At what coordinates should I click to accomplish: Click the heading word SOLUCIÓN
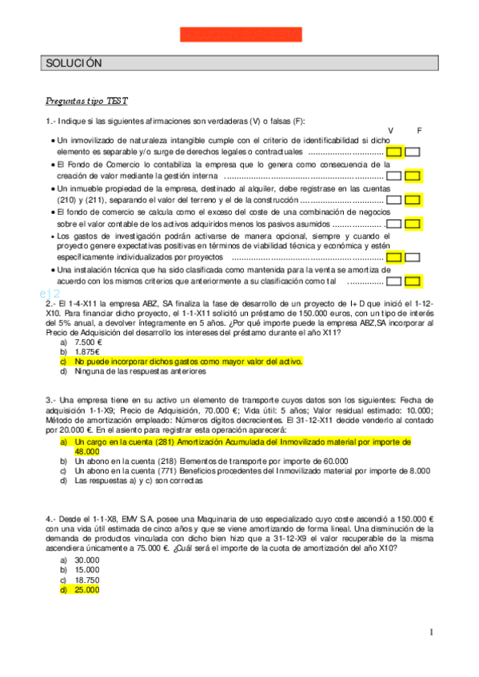(x=74, y=63)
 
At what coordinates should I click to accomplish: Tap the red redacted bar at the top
(x=241, y=34)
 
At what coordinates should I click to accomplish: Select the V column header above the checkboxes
(x=390, y=130)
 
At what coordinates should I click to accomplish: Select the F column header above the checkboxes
(x=419, y=130)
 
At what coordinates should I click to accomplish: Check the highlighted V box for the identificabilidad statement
(x=393, y=152)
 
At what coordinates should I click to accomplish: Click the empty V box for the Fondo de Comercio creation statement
(x=393, y=176)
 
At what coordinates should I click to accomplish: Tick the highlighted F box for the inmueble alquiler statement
(x=413, y=200)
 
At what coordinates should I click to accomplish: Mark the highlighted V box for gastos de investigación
(x=393, y=258)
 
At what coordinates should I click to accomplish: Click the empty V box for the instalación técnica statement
(x=393, y=282)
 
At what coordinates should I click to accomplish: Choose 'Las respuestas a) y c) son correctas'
(x=143, y=481)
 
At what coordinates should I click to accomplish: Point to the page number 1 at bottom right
(x=431, y=633)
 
